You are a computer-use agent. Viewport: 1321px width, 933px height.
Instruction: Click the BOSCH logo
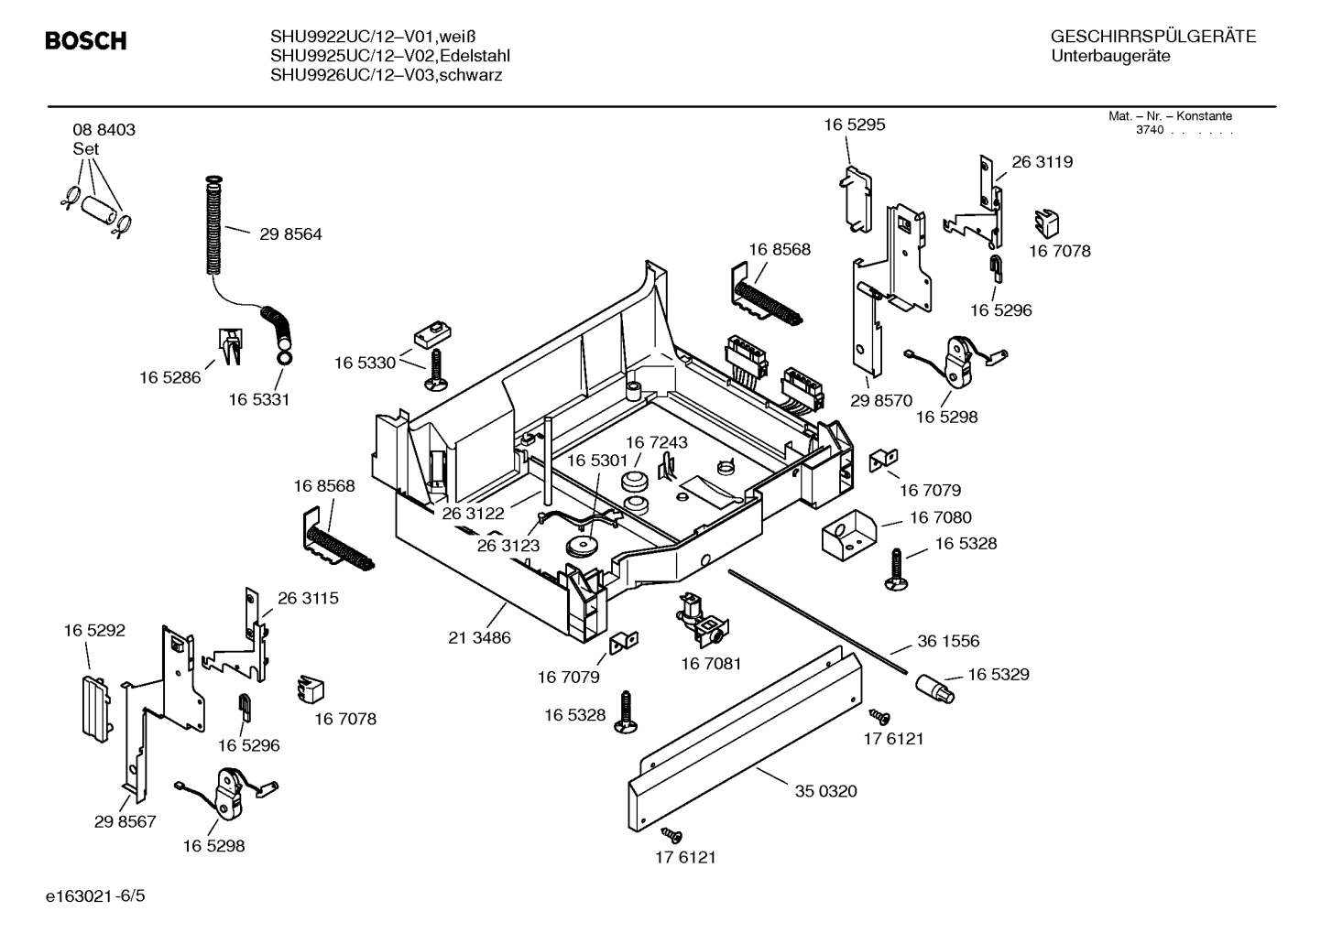pos(85,41)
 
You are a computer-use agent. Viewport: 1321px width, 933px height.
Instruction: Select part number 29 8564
pos(290,234)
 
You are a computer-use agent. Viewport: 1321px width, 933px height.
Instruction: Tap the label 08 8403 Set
pos(104,138)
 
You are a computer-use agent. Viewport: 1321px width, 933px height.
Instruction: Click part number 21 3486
pos(479,637)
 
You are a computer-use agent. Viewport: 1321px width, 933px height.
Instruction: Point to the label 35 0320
pos(825,791)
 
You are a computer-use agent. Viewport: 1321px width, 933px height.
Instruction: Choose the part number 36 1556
pos(948,642)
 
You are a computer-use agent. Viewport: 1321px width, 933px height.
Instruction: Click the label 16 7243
pos(656,442)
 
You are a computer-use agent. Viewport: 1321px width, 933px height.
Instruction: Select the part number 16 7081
pos(711,663)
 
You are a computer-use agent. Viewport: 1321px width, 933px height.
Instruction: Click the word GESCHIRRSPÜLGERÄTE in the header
pos(1152,38)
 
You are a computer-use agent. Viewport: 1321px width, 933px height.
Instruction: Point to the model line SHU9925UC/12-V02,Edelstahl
pos(389,56)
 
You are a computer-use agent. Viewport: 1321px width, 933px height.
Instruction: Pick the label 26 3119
pos(1042,162)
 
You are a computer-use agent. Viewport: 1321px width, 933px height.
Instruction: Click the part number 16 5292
pos(94,631)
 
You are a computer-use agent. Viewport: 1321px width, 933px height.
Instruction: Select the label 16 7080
pos(940,518)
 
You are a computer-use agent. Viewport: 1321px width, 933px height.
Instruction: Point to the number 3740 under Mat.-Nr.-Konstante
pos(1149,130)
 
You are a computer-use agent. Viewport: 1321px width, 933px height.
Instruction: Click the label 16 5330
pos(365,363)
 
